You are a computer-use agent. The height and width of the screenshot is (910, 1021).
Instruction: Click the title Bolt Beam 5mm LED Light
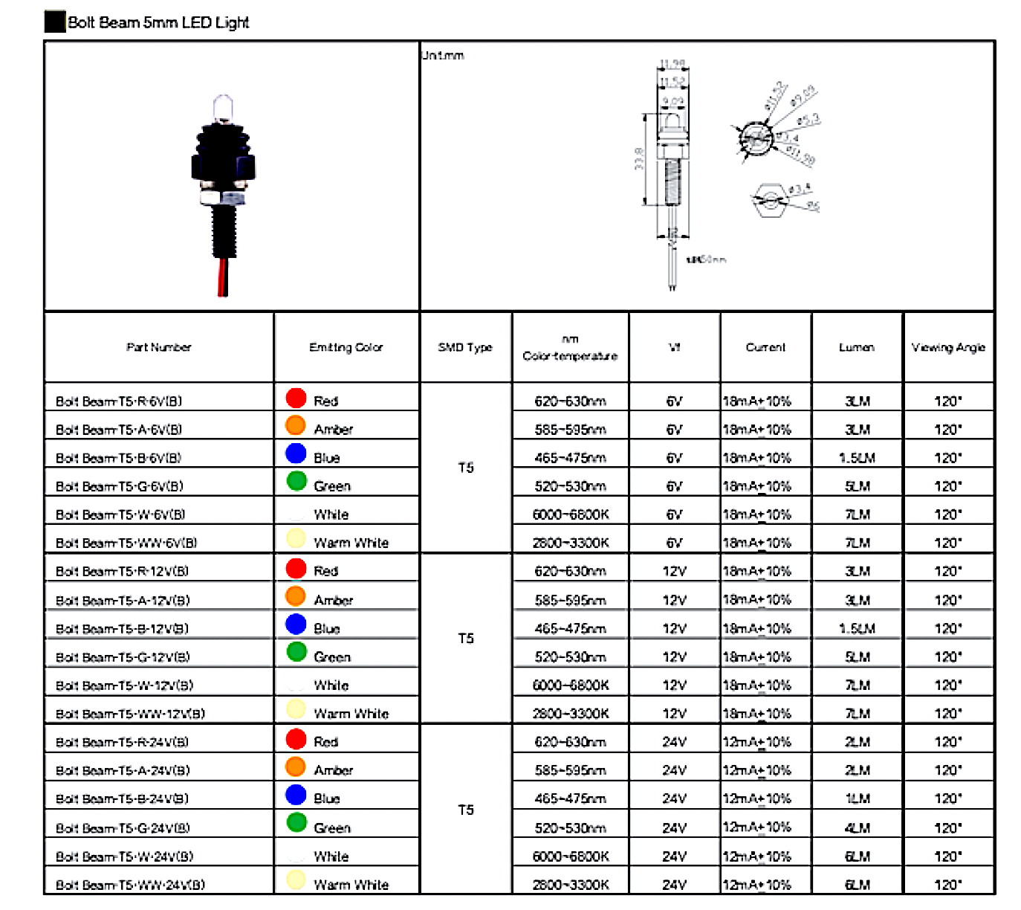(x=158, y=22)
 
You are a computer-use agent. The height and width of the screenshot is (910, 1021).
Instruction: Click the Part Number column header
(x=158, y=347)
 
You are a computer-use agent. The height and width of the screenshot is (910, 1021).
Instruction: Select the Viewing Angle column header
(x=948, y=347)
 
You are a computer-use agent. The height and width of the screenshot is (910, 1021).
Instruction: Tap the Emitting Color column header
(x=346, y=347)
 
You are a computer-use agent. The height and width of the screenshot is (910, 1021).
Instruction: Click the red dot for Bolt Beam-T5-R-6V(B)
(x=296, y=398)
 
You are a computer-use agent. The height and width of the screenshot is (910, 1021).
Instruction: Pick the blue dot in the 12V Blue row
(x=296, y=625)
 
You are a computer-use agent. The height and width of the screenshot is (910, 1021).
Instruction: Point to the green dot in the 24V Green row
(x=296, y=822)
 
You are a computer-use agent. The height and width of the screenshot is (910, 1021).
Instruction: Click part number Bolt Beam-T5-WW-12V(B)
(x=130, y=714)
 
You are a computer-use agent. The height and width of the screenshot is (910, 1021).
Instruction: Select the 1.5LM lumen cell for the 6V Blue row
(x=857, y=458)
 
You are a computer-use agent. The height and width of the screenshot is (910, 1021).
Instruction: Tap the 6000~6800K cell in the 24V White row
(x=570, y=856)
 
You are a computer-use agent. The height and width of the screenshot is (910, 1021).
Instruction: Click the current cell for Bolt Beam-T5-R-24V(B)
(x=757, y=742)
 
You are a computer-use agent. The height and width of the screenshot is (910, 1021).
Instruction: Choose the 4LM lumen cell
(x=857, y=827)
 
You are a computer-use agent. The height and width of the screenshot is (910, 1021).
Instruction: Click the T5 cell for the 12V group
(x=465, y=639)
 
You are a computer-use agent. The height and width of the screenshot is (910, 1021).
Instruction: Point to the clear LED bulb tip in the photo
(x=223, y=107)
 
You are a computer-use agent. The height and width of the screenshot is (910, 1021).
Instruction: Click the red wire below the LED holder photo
(x=222, y=279)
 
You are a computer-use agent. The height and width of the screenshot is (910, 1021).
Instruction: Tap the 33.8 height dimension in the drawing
(x=640, y=158)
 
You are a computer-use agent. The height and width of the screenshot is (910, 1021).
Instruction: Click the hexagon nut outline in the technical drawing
(x=768, y=200)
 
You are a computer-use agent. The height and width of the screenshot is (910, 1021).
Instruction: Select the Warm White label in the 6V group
(x=351, y=543)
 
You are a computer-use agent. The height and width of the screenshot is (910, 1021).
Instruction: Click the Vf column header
(x=674, y=347)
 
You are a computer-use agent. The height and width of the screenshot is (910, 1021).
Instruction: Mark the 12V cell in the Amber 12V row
(x=674, y=600)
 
